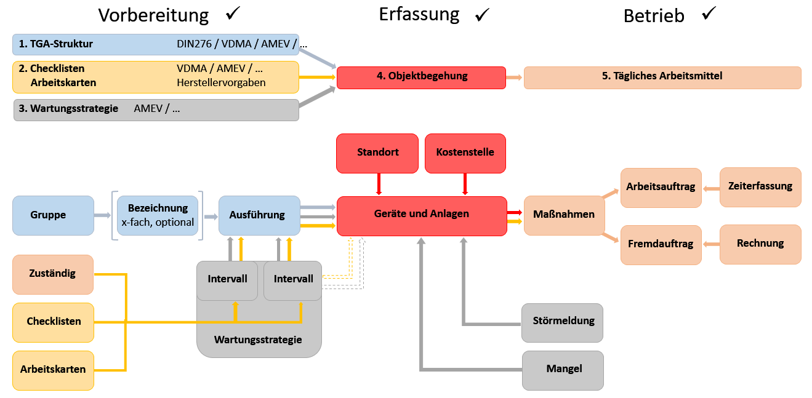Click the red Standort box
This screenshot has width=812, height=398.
[378, 153]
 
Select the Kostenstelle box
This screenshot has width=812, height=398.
[465, 153]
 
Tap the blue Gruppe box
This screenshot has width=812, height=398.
[53, 215]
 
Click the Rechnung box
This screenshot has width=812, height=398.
[760, 244]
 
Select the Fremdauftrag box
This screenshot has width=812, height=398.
[661, 245]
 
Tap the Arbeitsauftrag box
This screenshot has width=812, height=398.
[661, 188]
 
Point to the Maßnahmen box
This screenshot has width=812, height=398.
[564, 215]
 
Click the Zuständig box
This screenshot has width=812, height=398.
[53, 274]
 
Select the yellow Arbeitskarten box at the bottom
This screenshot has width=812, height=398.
[53, 370]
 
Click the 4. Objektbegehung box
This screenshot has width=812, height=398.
[421, 78]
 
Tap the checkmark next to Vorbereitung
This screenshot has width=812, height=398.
[233, 14]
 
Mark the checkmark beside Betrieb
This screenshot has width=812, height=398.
[709, 14]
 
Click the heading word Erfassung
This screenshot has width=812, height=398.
[419, 14]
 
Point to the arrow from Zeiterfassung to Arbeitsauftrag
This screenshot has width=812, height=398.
[710, 188]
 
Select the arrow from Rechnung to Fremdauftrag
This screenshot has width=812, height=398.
[710, 244]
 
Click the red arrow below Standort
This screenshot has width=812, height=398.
[378, 184]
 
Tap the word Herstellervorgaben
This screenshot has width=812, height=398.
[221, 82]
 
